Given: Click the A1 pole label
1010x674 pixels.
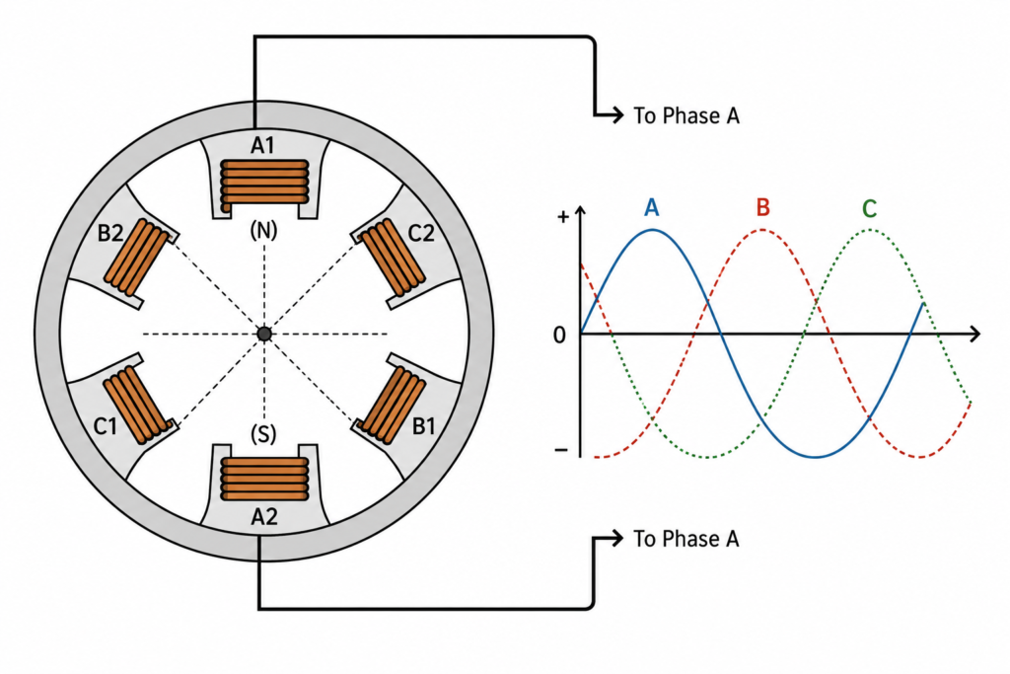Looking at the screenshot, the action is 262,146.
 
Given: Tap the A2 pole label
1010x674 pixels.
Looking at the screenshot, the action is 264,517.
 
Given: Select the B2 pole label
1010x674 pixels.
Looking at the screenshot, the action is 110,232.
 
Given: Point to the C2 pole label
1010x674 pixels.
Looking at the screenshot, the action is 421,233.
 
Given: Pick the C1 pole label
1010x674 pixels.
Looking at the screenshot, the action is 106,426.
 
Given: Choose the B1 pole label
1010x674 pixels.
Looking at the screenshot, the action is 424,426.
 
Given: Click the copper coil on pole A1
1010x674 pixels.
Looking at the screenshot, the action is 264,184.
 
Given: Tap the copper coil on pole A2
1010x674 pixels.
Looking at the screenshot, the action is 264,479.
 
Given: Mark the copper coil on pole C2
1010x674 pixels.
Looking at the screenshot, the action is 390,258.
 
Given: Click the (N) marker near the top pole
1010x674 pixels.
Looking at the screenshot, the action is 263,230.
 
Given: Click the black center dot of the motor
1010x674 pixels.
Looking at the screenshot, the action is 264,334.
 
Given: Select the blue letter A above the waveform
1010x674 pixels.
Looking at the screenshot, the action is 652,208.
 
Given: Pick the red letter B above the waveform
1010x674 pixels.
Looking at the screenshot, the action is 762,207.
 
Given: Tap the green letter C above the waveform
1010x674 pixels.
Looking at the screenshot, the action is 869,209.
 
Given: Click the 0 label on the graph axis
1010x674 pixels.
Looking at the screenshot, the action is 560,336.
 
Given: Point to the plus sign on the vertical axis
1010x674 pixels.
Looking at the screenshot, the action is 563,216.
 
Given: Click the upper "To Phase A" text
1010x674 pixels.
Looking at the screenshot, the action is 686,116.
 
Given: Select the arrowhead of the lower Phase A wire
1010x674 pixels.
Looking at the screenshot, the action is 617,538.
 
